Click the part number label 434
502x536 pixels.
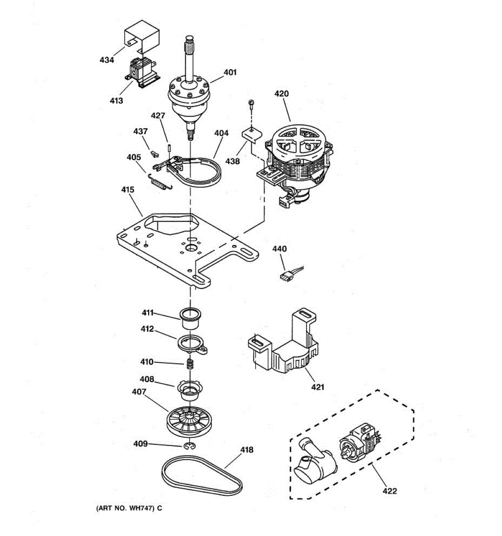pyautogui.click(x=107, y=60)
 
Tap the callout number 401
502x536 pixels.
pyautogui.click(x=230, y=72)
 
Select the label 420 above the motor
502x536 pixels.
pyautogui.click(x=281, y=94)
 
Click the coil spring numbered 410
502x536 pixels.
pyautogui.click(x=190, y=364)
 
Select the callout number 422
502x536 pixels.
pyautogui.click(x=390, y=491)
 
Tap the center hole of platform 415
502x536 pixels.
pyautogui.click(x=192, y=247)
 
